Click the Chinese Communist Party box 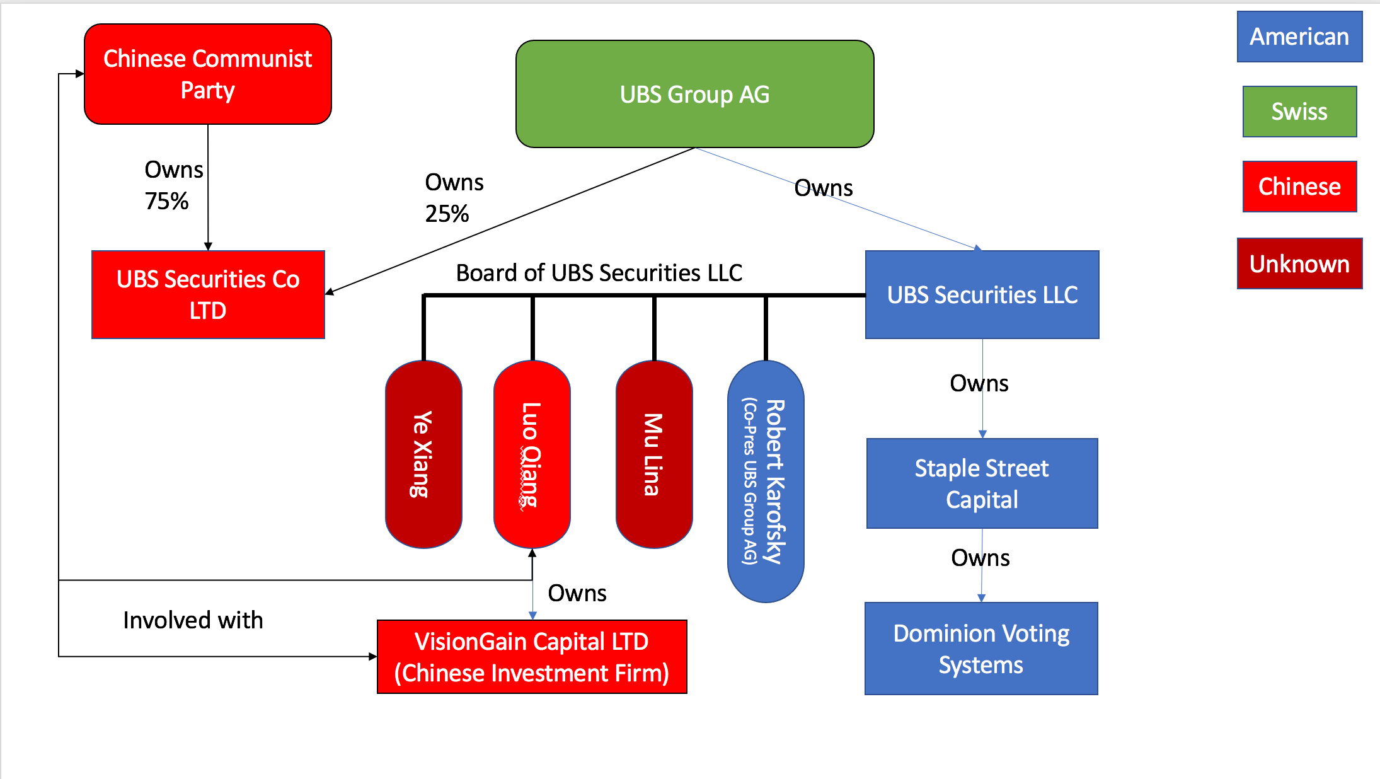[208, 74]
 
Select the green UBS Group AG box [694, 94]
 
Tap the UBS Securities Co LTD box [208, 294]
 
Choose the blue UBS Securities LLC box [982, 294]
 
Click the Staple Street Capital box [982, 483]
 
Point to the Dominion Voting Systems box [981, 649]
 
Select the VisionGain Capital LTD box [532, 657]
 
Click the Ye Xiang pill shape [423, 454]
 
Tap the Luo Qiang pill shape [532, 454]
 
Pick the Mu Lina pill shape [654, 454]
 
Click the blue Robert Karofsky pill [766, 482]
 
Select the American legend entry [1299, 37]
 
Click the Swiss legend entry [1299, 112]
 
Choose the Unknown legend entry [1299, 263]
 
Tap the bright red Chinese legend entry [1299, 187]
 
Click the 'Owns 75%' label [173, 185]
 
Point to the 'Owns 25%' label [454, 198]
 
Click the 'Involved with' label [193, 620]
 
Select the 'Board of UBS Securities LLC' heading [599, 273]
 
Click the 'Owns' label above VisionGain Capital [577, 593]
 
